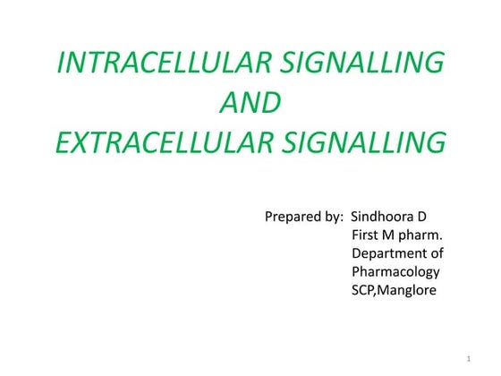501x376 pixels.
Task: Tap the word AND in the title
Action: coord(250,103)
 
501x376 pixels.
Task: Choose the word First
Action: coord(368,235)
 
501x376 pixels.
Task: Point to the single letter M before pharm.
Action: coord(395,235)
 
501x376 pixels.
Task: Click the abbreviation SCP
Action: coord(365,290)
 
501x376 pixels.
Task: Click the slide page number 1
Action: coord(469,359)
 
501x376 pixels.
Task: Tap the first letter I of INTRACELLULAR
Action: coord(61,64)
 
